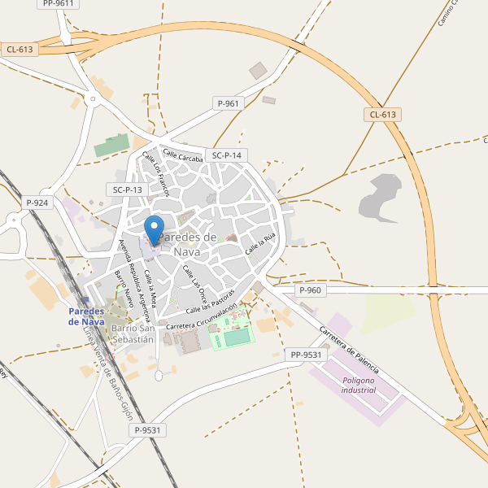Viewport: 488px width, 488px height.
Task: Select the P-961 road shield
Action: pyautogui.click(x=229, y=103)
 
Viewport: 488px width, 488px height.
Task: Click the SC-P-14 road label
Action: pyautogui.click(x=226, y=155)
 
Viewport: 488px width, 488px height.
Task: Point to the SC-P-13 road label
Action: pyautogui.click(x=127, y=190)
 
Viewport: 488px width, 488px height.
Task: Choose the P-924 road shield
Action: pyautogui.click(x=37, y=203)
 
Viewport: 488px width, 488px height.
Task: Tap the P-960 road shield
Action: pyautogui.click(x=310, y=290)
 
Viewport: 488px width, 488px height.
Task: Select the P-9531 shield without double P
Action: pyautogui.click(x=150, y=430)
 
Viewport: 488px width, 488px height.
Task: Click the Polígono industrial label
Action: pyautogui.click(x=359, y=385)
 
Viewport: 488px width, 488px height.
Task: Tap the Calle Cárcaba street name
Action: pyautogui.click(x=181, y=155)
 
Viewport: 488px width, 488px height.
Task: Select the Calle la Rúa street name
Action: pyautogui.click(x=262, y=241)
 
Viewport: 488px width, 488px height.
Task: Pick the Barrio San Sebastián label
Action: pyautogui.click(x=133, y=333)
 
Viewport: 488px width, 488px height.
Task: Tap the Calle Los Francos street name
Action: pyautogui.click(x=155, y=173)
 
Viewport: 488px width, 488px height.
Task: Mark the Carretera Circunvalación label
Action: pyautogui.click(x=201, y=317)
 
